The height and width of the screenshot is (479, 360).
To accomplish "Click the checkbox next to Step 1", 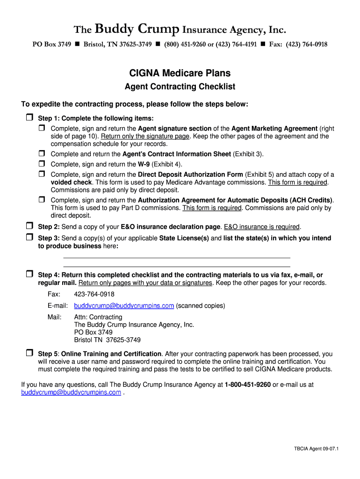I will click(29, 117).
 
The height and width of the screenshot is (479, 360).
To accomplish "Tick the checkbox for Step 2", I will click(29, 226).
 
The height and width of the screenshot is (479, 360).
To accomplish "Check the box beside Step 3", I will click(29, 237).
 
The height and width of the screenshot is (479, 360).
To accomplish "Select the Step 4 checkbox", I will click(29, 274).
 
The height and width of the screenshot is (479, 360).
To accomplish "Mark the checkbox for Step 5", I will click(29, 353).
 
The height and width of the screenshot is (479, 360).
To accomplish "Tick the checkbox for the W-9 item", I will click(42, 164).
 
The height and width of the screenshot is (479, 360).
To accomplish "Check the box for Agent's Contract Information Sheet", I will click(42, 153).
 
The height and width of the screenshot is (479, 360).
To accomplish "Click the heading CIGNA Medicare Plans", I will click(180, 73).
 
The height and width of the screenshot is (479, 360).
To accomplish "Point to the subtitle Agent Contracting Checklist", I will click(180, 87).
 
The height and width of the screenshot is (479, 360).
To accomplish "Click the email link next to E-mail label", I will click(124, 305).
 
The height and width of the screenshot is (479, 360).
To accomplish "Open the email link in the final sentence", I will click(71, 392).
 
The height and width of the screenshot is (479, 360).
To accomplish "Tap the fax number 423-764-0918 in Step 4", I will click(94, 294).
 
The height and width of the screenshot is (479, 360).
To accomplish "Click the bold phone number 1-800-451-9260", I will click(247, 385).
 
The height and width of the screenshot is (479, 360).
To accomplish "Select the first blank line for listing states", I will click(176, 257).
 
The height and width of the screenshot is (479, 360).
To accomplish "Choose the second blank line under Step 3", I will click(176, 266).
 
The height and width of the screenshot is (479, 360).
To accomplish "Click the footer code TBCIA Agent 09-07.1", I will click(316, 449).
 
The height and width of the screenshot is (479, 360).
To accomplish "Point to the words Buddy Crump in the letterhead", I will click(137, 30).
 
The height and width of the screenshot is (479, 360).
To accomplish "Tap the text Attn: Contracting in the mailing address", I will click(98, 317).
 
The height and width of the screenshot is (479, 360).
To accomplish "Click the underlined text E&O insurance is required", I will click(261, 227).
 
